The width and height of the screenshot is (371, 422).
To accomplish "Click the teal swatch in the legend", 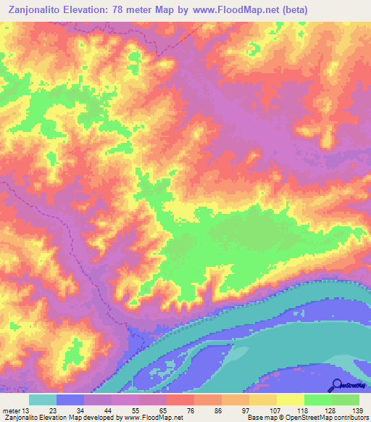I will tap(43, 400).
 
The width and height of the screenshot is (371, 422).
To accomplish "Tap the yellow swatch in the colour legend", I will tap(291, 400).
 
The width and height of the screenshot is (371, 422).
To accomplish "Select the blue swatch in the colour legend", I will tap(70, 400).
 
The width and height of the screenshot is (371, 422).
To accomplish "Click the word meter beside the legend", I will tap(12, 411).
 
